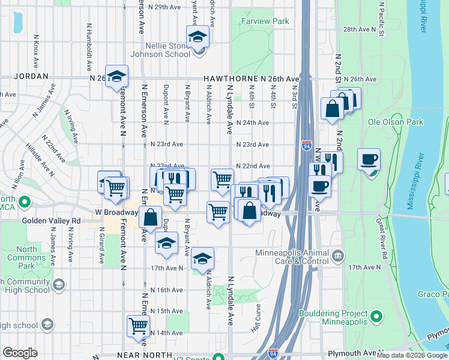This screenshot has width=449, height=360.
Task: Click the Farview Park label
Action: pyautogui.click(x=265, y=22)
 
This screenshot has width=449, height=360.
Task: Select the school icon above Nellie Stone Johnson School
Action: pyautogui.click(x=197, y=37)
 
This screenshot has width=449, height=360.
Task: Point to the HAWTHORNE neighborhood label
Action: pyautogui.click(x=231, y=79)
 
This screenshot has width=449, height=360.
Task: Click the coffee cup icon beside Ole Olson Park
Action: pyautogui.click(x=369, y=160)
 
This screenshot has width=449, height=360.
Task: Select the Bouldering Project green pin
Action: pyautogui.click(x=376, y=315)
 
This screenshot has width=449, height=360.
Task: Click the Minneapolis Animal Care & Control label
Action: pyautogui.click(x=293, y=256)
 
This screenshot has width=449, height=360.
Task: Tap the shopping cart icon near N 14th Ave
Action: pyautogui.click(x=138, y=326)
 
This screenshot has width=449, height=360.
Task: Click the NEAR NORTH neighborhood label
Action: pyautogui.click(x=141, y=355)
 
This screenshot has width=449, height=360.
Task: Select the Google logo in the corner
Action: pyautogui.click(x=20, y=353)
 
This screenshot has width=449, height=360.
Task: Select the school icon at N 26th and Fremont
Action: pyautogui.click(x=117, y=76)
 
